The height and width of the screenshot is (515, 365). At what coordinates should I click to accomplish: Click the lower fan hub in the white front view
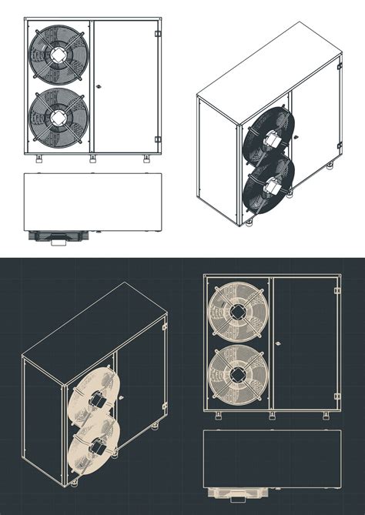pos(58,117)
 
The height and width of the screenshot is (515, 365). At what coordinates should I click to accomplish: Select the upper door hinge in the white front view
pos(158,33)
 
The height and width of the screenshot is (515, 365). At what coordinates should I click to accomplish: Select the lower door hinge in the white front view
pos(158,139)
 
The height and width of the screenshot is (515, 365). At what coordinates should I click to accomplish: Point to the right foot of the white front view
pos(146,159)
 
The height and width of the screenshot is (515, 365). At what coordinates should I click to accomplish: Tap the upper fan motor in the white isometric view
pos(272,140)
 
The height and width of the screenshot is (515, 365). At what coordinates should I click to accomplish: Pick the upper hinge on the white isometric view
pos(338,67)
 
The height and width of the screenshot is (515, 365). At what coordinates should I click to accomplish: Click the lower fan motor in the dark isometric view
pos(99,444)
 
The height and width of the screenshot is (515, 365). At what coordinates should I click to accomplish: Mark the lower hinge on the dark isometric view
pos(164,406)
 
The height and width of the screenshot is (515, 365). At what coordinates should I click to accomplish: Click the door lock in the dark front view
pos(277,343)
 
